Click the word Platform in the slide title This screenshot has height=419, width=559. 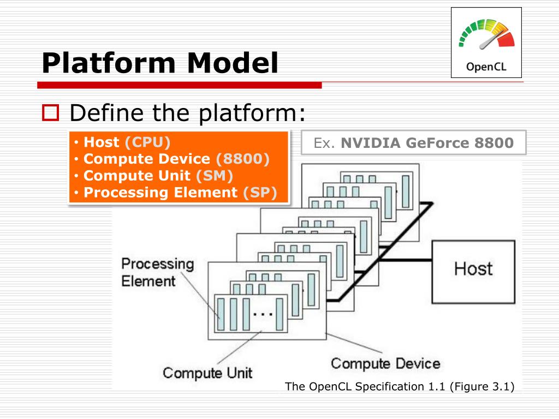tap(109, 63)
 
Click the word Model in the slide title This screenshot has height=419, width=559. tap(233, 63)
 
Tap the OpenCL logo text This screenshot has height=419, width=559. tap(486, 67)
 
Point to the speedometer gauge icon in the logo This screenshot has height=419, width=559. tap(487, 34)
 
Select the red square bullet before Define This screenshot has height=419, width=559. tap(50, 112)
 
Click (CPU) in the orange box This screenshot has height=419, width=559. tap(147, 142)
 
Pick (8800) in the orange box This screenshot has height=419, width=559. tap(243, 159)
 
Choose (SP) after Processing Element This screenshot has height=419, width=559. tap(260, 193)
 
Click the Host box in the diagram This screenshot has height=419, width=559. tap(473, 272)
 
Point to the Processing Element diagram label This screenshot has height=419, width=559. tap(158, 272)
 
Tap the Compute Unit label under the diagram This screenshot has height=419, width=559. tap(207, 373)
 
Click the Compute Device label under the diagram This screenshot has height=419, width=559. tap(385, 363)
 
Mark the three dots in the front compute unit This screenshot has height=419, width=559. tap(263, 314)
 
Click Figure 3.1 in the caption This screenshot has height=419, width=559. tap(482, 387)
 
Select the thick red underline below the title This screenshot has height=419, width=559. tap(179, 85)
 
